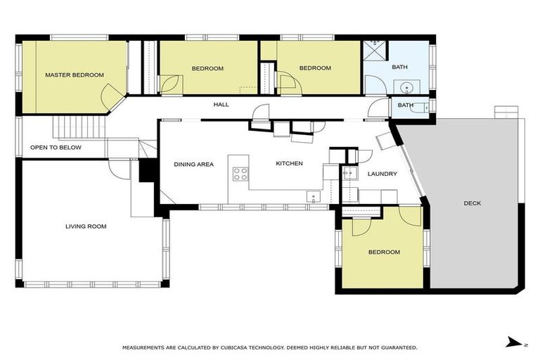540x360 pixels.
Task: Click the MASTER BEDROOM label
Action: click(75, 75)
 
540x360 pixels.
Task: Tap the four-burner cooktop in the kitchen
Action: click(240, 173)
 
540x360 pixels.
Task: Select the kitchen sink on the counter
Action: click(313, 196)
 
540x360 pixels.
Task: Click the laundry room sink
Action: click(349, 172)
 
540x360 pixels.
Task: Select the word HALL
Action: click(221, 105)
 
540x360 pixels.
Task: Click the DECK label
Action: click(472, 203)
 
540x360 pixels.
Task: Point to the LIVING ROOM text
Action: click(86, 226)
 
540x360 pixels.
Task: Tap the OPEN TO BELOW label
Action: click(56, 148)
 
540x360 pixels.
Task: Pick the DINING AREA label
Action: click(193, 164)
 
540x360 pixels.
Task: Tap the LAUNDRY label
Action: click(382, 174)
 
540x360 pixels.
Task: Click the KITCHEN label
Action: click(288, 164)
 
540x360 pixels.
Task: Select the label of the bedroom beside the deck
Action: click(384, 252)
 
